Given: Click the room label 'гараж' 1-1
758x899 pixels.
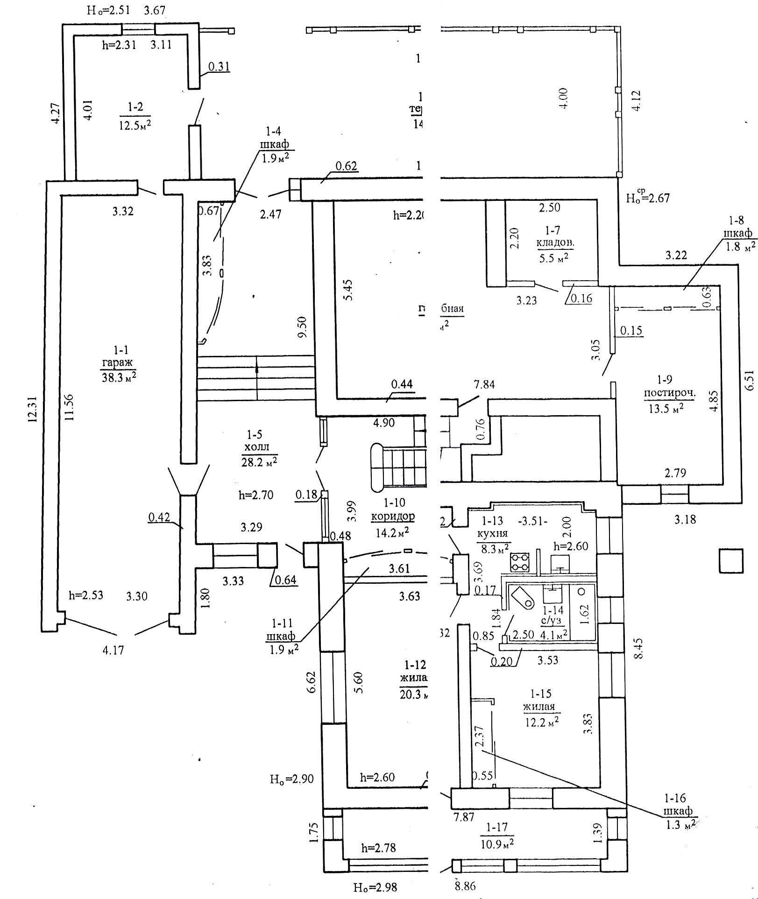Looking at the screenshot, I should [117, 362].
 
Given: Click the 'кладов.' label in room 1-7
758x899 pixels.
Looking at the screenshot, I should [555, 243].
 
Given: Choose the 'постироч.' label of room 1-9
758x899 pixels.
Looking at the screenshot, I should [670, 393].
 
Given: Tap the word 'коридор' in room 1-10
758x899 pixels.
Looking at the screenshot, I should [392, 517].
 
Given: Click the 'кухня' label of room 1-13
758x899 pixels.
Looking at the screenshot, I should [494, 533].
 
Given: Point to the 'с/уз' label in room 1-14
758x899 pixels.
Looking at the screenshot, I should [552, 622].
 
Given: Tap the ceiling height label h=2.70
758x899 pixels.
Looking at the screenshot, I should [256, 495].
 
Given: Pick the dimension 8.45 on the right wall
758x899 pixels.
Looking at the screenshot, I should [638, 648].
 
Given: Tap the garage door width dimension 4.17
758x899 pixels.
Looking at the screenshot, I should [113, 649].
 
